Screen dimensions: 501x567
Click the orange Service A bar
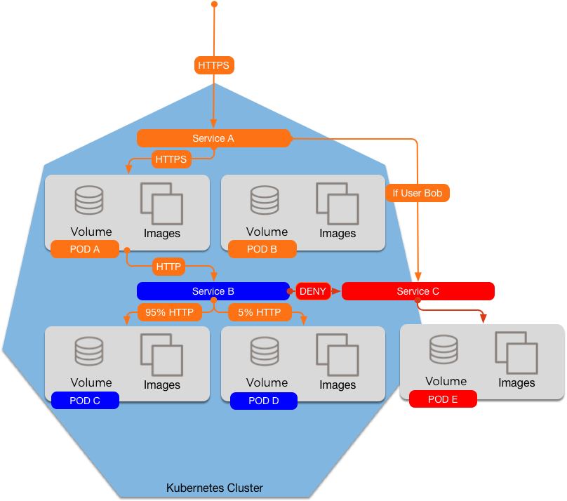coord(213,138)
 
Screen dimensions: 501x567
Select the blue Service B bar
coord(213,291)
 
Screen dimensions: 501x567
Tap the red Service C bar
coord(418,291)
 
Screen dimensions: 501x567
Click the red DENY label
coord(312,291)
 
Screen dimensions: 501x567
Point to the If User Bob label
coord(418,193)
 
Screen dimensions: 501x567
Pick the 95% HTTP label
coord(169,312)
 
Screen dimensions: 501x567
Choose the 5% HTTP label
coord(259,312)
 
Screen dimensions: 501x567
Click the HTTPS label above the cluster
coord(213,65)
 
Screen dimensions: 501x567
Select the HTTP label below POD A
coord(168,267)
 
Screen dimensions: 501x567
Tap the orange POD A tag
coord(85,248)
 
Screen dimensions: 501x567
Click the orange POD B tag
coord(262,248)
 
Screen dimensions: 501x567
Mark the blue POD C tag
coord(85,401)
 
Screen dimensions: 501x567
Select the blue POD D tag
coord(264,401)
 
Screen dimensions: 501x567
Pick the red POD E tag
coord(443,399)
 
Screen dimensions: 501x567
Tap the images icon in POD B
coord(338,203)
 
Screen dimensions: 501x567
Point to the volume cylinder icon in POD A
coord(89,200)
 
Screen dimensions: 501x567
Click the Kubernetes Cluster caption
coord(214,488)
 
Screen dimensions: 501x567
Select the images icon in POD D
coord(338,354)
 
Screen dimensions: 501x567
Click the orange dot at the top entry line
coord(214,4)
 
